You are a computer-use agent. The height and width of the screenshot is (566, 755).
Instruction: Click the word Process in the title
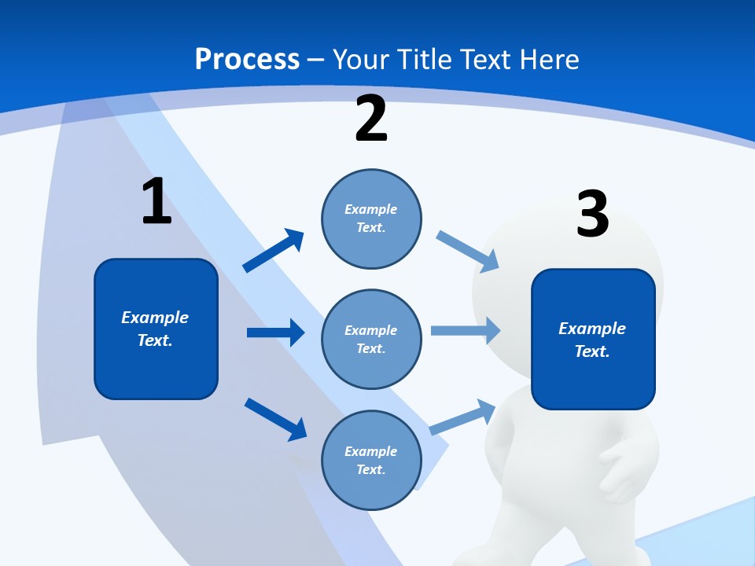247,60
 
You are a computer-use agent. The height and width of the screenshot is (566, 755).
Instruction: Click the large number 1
157,202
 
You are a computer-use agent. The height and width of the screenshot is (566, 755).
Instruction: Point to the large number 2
371,119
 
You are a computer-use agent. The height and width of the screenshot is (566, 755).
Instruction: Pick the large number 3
592,214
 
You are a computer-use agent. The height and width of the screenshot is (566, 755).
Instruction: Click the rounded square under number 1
156,329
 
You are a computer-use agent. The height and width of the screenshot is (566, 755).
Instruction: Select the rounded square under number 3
593,339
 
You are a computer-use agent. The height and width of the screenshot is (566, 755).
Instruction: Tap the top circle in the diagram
371,219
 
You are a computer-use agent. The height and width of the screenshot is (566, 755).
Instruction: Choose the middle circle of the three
371,339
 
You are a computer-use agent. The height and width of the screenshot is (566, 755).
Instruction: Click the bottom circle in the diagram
371,460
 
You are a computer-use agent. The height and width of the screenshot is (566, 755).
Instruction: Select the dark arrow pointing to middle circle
275,333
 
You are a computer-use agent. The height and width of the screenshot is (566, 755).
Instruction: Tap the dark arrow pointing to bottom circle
276,419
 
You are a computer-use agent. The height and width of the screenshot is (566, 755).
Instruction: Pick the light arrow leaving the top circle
468,251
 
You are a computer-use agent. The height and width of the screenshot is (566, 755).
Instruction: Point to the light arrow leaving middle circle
466,331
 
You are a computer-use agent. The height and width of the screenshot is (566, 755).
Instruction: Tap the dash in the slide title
316,60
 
